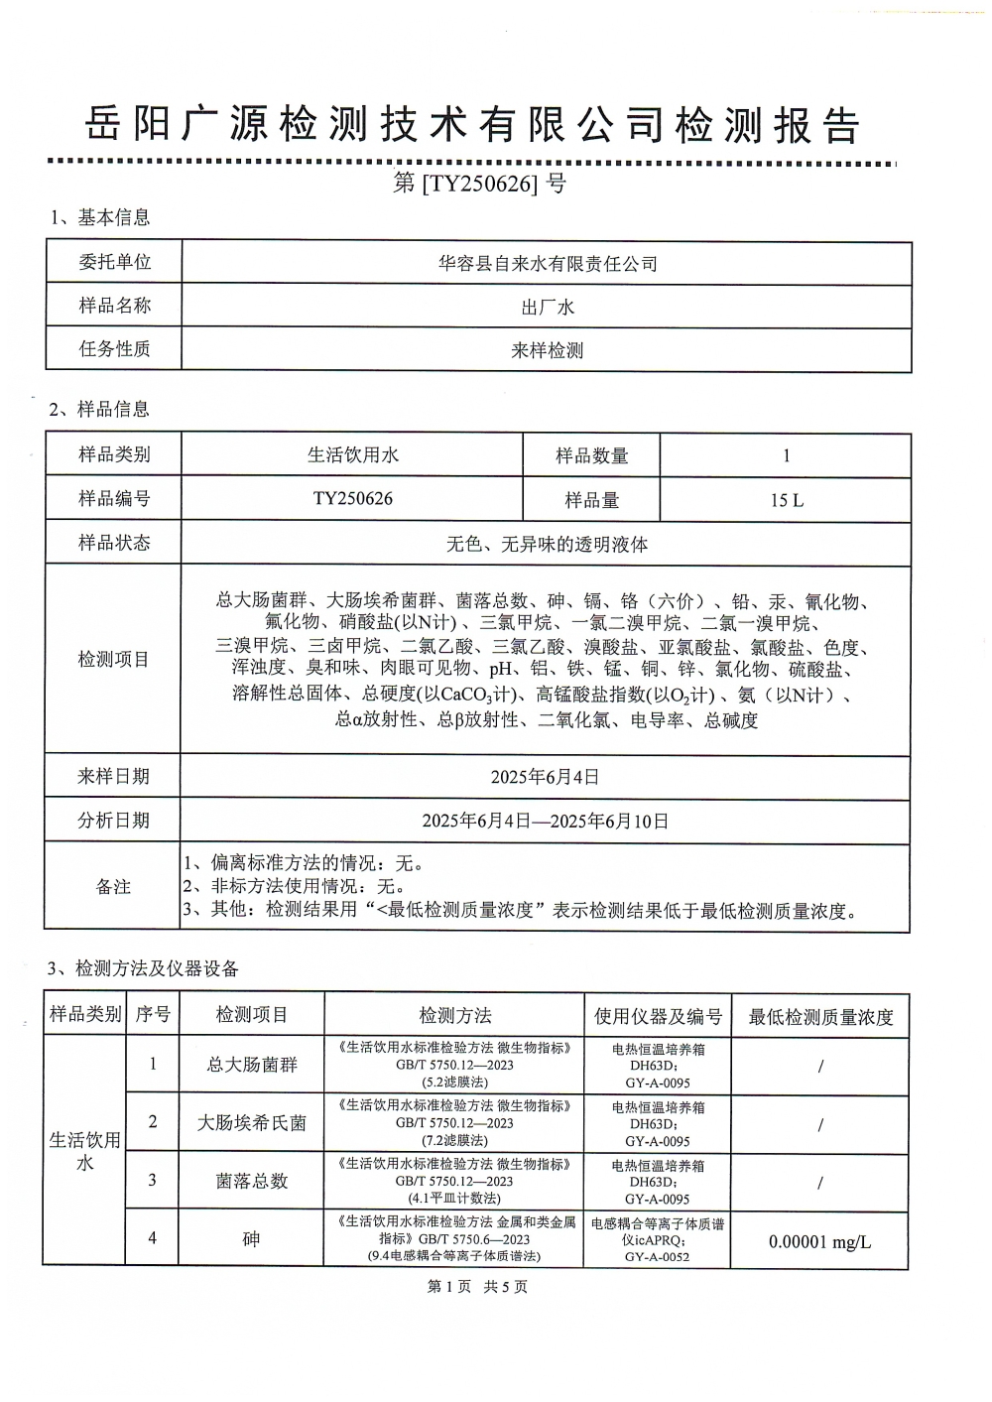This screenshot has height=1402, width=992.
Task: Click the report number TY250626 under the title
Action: pyautogui.click(x=479, y=184)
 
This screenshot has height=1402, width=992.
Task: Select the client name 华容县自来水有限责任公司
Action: pyautogui.click(x=548, y=264)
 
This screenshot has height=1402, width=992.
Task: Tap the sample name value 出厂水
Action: pyautogui.click(x=548, y=308)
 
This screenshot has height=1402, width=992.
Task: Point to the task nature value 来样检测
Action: pyautogui.click(x=548, y=350)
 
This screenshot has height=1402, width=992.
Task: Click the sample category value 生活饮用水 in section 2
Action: pyautogui.click(x=352, y=455)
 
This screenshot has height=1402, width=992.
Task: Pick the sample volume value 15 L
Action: pyautogui.click(x=787, y=500)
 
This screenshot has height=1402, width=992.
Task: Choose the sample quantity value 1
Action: pyautogui.click(x=787, y=456)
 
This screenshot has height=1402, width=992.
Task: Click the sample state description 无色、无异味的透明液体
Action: pyautogui.click(x=547, y=544)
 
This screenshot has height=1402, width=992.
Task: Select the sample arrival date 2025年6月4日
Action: pyautogui.click(x=545, y=777)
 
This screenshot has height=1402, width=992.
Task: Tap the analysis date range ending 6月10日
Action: pyautogui.click(x=545, y=822)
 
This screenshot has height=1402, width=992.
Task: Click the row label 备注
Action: pyautogui.click(x=113, y=887)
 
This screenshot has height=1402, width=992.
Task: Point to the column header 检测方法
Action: pyautogui.click(x=454, y=1016)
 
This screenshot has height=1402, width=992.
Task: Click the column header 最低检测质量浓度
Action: pyautogui.click(x=820, y=1017)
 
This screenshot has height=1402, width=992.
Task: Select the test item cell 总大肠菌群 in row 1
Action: pyautogui.click(x=252, y=1066)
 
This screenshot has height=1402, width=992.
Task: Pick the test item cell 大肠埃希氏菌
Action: pyautogui.click(x=252, y=1123)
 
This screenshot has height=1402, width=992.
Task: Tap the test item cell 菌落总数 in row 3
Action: pyautogui.click(x=252, y=1181)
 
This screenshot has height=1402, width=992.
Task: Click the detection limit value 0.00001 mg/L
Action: pyautogui.click(x=819, y=1241)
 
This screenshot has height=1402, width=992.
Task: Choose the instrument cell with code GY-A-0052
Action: pyautogui.click(x=658, y=1240)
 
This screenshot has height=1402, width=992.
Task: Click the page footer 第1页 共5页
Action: pyautogui.click(x=477, y=1287)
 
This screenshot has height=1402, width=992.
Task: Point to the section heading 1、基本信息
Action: pyautogui.click(x=100, y=218)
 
